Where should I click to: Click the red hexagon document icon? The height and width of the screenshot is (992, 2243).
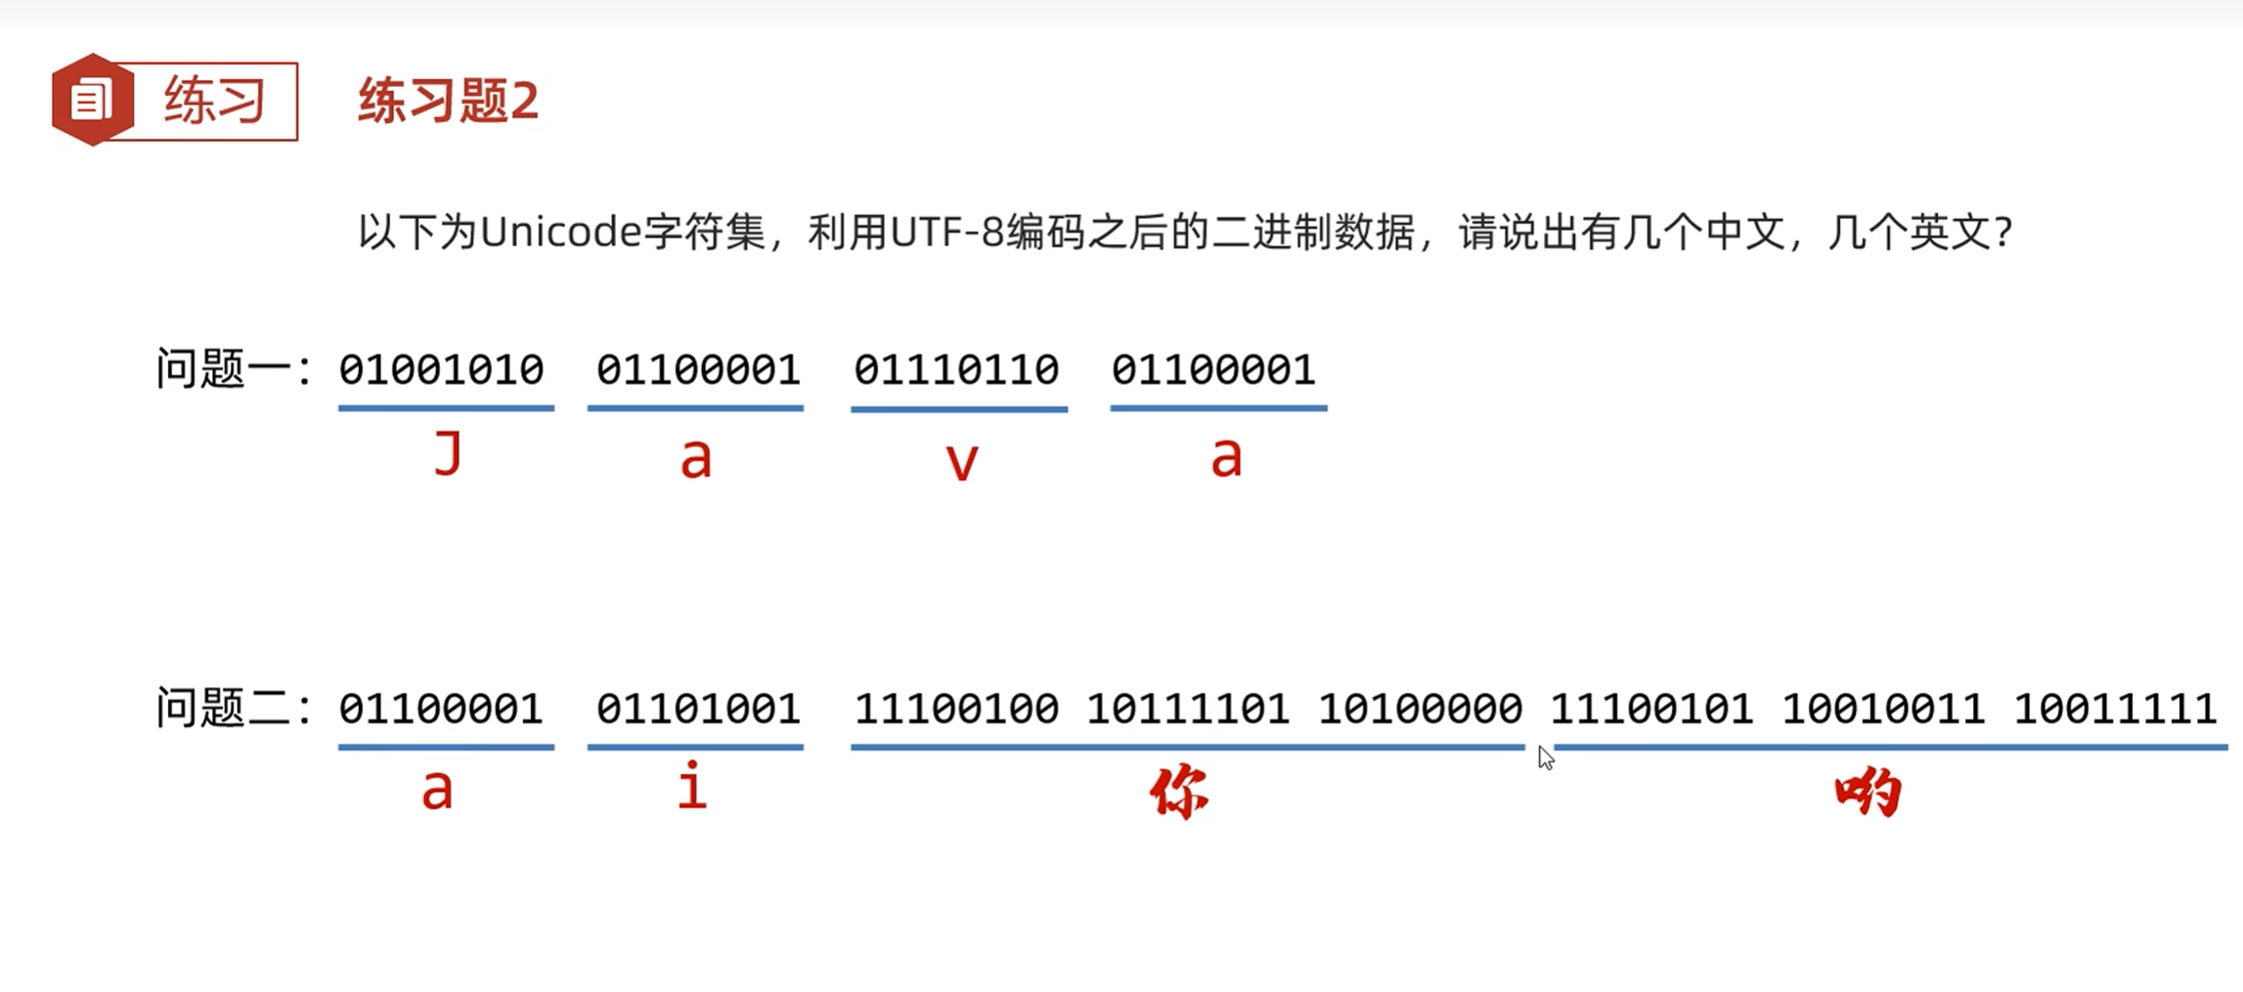pyautogui.click(x=92, y=100)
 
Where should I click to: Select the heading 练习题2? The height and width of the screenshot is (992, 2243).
pyautogui.click(x=448, y=101)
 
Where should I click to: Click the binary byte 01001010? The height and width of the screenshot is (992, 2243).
pyautogui.click(x=441, y=370)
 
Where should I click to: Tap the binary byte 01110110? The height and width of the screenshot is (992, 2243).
pyautogui.click(x=956, y=370)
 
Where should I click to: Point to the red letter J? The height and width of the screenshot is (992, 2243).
pyautogui.click(x=448, y=455)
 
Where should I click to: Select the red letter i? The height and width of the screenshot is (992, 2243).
pyautogui.click(x=692, y=788)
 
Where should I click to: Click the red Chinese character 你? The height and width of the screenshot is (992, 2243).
pyautogui.click(x=1179, y=792)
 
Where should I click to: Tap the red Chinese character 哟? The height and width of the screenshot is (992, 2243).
pyautogui.click(x=1868, y=792)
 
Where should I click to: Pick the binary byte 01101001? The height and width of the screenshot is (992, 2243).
pyautogui.click(x=698, y=710)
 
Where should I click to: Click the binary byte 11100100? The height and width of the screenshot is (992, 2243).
pyautogui.click(x=956, y=710)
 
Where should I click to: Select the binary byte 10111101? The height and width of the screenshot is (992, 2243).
pyautogui.click(x=1188, y=710)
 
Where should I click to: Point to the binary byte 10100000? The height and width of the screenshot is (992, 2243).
pyautogui.click(x=1420, y=710)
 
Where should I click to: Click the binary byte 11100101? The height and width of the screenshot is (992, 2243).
pyautogui.click(x=1651, y=710)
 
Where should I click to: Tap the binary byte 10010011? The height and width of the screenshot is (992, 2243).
pyautogui.click(x=1883, y=710)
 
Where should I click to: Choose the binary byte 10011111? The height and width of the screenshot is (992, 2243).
pyautogui.click(x=2115, y=710)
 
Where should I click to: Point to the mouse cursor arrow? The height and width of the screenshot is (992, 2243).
pyautogui.click(x=1545, y=757)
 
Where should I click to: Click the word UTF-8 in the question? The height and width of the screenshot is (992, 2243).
pyautogui.click(x=946, y=233)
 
